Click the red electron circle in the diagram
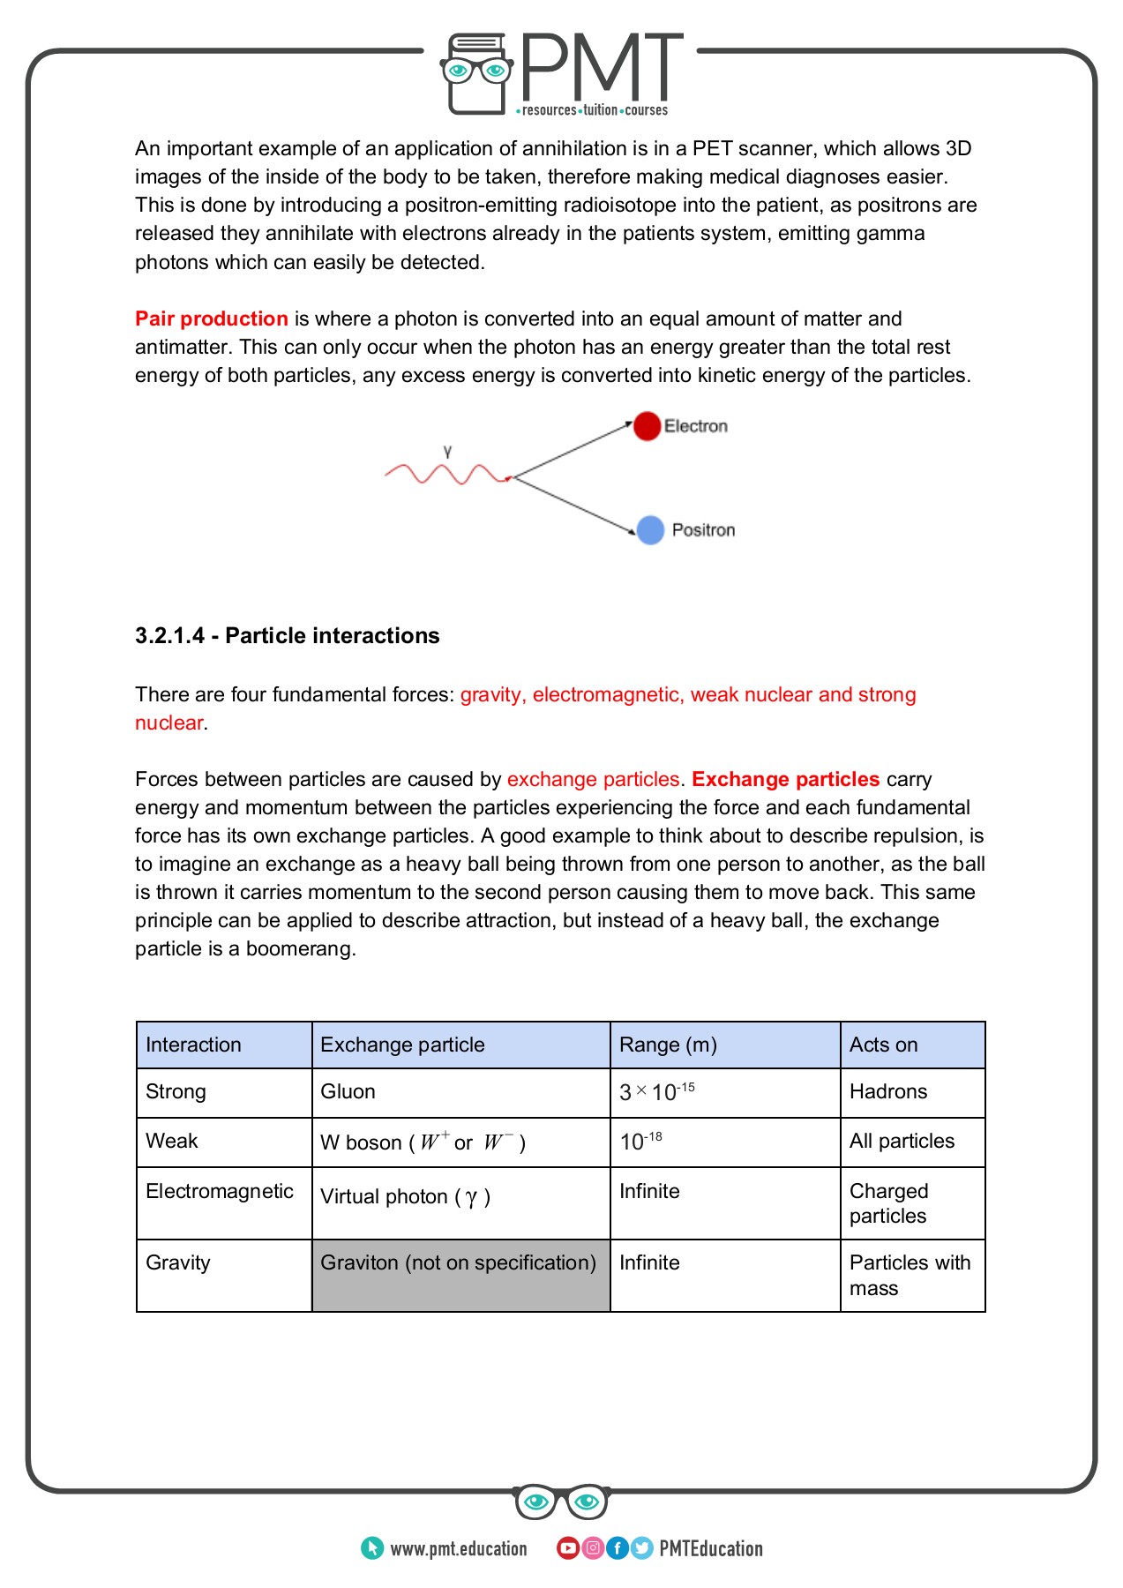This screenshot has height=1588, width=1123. (647, 426)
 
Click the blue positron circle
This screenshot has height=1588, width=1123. (650, 530)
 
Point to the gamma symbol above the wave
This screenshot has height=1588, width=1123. (447, 451)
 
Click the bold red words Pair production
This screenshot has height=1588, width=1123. (212, 318)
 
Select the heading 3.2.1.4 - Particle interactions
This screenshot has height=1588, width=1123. (287, 636)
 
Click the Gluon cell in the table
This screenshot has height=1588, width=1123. (348, 1092)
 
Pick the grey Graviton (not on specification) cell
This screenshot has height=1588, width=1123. (459, 1263)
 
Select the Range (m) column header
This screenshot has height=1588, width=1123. (668, 1045)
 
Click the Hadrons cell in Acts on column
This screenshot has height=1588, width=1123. (888, 1092)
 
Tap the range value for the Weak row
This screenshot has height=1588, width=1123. (641, 1142)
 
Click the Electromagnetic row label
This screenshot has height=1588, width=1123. (220, 1192)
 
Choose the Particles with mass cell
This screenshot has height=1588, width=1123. (910, 1276)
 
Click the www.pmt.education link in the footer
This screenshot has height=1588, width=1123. (458, 1549)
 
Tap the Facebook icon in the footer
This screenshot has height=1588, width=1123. (618, 1548)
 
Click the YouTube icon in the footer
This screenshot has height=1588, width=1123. (568, 1548)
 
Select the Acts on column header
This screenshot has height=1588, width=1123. (883, 1045)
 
